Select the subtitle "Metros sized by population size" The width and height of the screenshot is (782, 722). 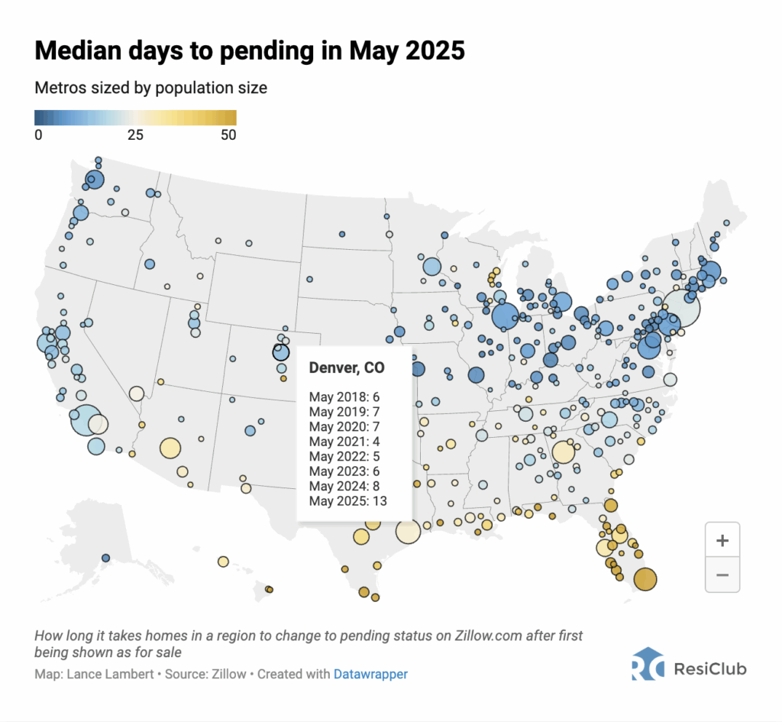point(150,88)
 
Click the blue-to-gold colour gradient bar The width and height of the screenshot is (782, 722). point(135,117)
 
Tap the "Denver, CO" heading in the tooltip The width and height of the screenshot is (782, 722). point(347,367)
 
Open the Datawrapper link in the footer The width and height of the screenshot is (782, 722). point(370,675)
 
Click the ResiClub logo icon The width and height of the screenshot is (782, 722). point(647,665)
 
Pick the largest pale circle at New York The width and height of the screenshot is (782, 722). point(680,308)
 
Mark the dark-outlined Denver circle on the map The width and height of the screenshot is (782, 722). point(281,351)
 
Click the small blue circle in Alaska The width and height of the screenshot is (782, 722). point(105,558)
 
